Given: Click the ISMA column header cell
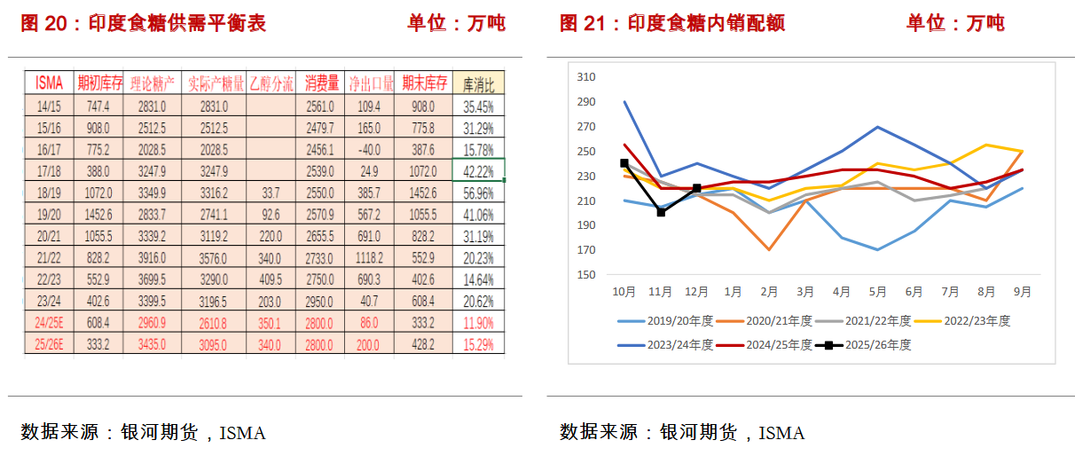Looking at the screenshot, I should tap(50, 83).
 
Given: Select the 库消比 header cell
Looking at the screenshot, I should tap(478, 83).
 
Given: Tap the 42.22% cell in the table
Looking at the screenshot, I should tap(478, 170).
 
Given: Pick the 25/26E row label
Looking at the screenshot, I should tap(50, 343).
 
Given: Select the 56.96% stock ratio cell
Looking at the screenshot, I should tap(478, 192).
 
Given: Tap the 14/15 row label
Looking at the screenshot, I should tap(50, 106).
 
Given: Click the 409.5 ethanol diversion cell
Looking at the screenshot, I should tap(271, 279).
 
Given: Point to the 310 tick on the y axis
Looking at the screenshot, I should tap(585, 77).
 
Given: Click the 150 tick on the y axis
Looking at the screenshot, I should tap(585, 275).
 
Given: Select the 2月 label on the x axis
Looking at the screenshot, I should tap(769, 290).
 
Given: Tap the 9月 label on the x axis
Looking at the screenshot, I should tap(1023, 290).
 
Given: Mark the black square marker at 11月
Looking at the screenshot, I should tap(661, 212).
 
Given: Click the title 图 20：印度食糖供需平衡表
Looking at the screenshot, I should tap(143, 23).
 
